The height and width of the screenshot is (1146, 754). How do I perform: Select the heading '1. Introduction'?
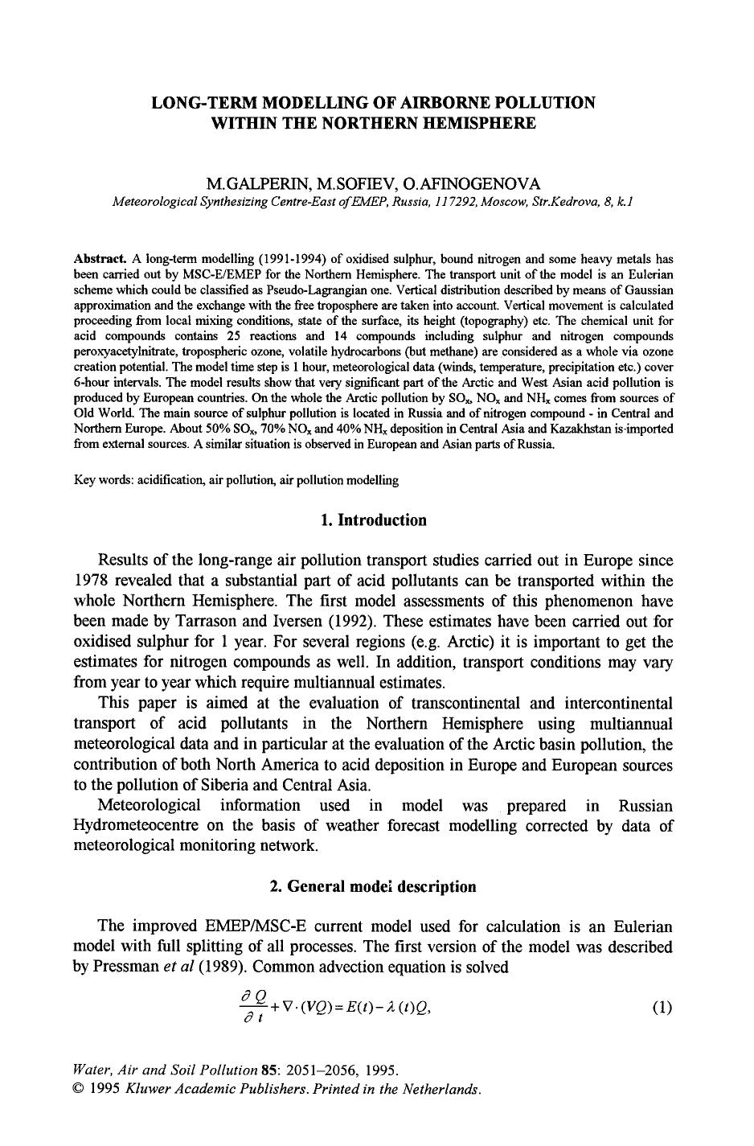click(373, 520)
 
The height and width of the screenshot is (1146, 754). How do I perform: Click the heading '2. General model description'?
click(373, 886)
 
